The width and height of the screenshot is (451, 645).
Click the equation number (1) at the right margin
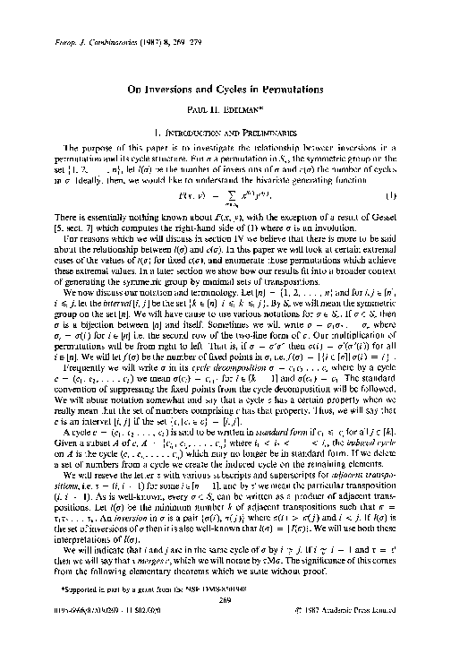click(x=416, y=169)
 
